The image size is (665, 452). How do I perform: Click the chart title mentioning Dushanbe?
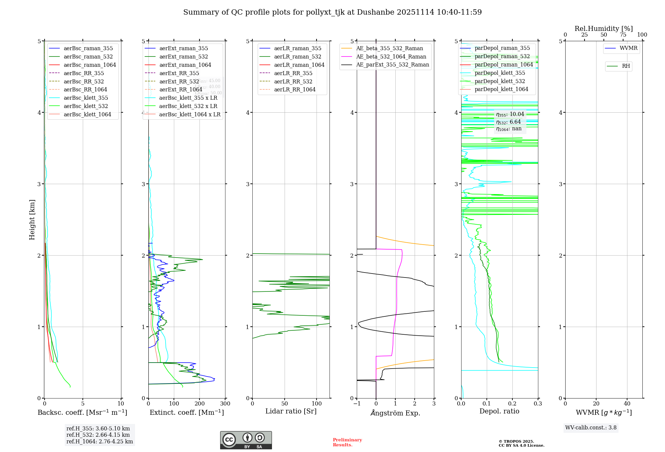332,12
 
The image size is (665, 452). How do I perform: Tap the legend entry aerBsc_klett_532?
86,106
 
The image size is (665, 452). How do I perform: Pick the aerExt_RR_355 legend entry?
179,73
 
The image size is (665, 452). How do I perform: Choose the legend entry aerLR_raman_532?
298,56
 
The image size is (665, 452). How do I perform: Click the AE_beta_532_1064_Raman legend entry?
391,56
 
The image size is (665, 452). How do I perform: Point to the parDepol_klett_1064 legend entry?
501,89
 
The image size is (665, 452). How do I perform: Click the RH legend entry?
626,66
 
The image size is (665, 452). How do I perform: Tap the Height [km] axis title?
32,219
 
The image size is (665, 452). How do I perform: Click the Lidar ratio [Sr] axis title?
291,411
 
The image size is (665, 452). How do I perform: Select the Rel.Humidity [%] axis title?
603,29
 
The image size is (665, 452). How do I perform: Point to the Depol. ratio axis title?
499,411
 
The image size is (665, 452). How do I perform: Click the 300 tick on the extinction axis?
225,403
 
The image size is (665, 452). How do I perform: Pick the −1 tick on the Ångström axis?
357,403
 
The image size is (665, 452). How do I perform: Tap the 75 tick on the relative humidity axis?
623,35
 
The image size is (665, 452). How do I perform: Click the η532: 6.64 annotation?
508,122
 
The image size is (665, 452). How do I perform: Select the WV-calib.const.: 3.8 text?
591,427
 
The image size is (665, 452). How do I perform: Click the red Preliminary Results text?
347,442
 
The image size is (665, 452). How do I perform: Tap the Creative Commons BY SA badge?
246,440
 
